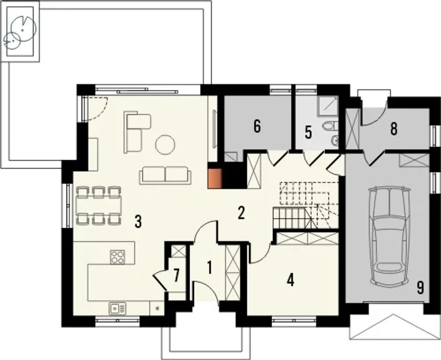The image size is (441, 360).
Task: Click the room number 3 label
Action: pos(138,222)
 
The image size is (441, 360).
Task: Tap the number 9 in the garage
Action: pos(420,288)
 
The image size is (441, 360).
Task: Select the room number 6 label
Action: pos(257,127)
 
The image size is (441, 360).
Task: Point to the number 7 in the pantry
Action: pos(177,276)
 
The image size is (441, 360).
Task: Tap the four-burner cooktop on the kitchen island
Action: pos(117,257)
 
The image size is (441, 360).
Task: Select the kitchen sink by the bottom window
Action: pos(117,308)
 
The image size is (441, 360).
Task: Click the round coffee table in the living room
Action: pos(165,144)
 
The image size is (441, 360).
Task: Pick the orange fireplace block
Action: pos(215,178)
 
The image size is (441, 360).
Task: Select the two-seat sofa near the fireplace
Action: pos(165,176)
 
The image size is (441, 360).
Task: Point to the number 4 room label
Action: pos(291,280)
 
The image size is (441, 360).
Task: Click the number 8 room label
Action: pos(394,129)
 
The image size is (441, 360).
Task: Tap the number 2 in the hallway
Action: pos(241,213)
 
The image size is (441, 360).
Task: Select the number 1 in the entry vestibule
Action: pos(209,268)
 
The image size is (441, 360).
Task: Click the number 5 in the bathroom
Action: pos(308,133)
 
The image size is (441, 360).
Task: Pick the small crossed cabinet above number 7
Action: pos(178,251)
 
